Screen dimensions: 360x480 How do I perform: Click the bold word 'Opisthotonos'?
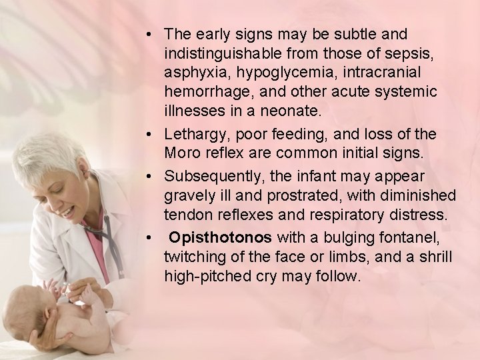coord(220,238)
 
